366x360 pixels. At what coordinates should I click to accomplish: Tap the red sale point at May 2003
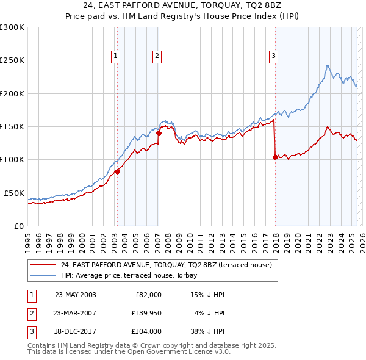pos(117,171)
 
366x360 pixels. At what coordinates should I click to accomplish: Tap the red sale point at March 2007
pos(159,133)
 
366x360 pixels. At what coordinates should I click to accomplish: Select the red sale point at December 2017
pos(275,157)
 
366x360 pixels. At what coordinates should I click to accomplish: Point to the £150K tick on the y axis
pos(13,126)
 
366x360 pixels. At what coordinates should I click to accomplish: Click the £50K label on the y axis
pos(14,193)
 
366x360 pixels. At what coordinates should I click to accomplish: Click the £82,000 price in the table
pos(148,295)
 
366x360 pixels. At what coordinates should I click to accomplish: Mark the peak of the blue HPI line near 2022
pos(328,65)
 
